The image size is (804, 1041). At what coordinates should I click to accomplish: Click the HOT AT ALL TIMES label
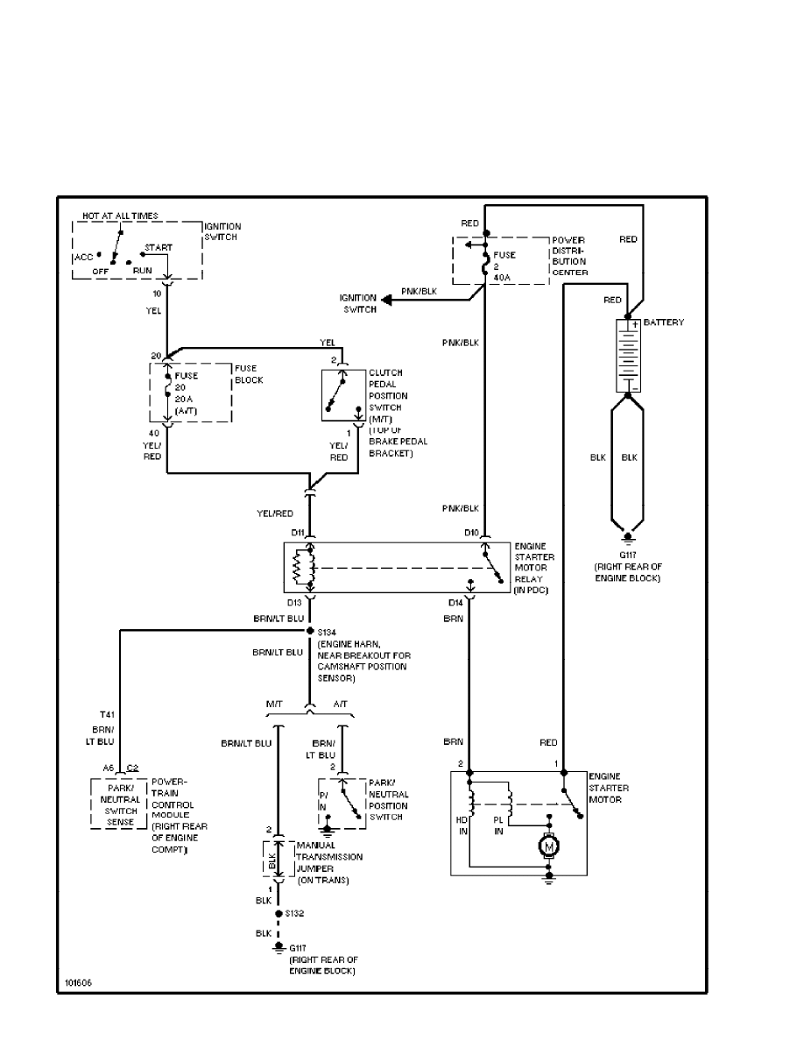[x=121, y=216]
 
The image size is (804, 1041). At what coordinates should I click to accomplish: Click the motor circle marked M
[x=549, y=846]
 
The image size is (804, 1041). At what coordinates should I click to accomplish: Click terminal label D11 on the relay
[x=297, y=532]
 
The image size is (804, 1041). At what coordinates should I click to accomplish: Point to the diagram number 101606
[x=78, y=983]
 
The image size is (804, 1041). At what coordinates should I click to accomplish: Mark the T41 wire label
[x=108, y=714]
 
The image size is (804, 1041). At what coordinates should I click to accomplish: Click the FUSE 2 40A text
[x=504, y=263]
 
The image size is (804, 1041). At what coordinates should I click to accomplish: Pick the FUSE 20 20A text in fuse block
[x=186, y=391]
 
